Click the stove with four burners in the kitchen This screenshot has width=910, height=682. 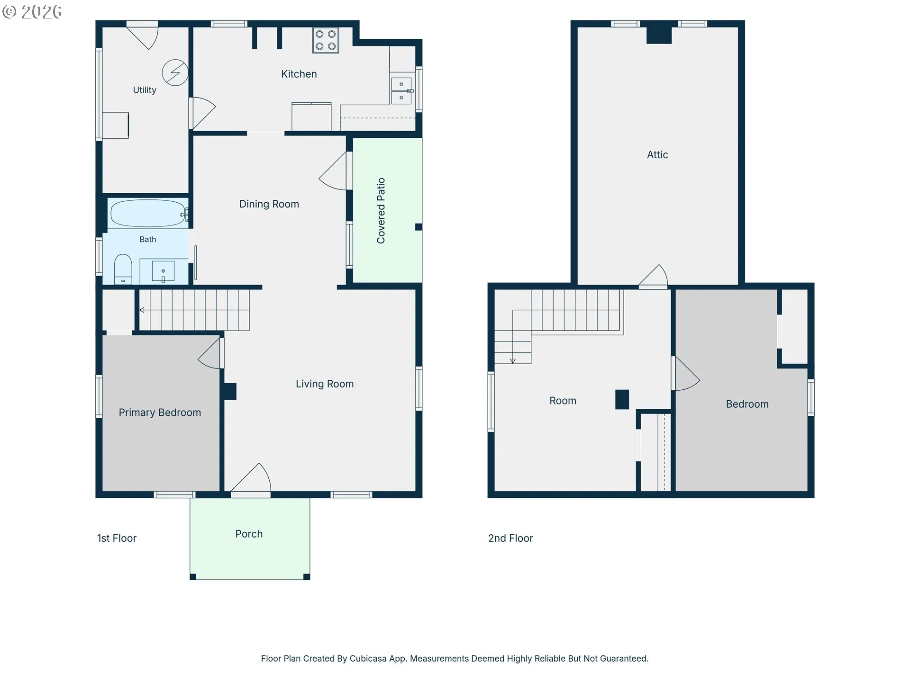coord(326,40)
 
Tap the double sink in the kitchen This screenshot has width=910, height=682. coord(401,91)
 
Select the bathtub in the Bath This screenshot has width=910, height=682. coord(148,213)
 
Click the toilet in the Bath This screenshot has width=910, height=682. coord(123,269)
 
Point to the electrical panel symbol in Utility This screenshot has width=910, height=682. coord(175,72)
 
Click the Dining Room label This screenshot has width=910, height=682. coord(269,204)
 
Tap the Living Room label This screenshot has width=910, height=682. coord(325,384)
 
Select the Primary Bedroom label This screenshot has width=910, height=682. coord(160,413)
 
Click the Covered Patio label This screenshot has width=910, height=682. coord(381,211)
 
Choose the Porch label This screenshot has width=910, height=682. coord(249,534)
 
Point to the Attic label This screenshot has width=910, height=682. coord(657,155)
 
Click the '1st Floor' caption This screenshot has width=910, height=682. coord(117,538)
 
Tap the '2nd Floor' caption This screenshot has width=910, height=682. coord(510,538)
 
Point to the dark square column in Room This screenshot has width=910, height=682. coord(622,399)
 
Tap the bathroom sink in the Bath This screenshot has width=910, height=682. coord(163,271)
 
